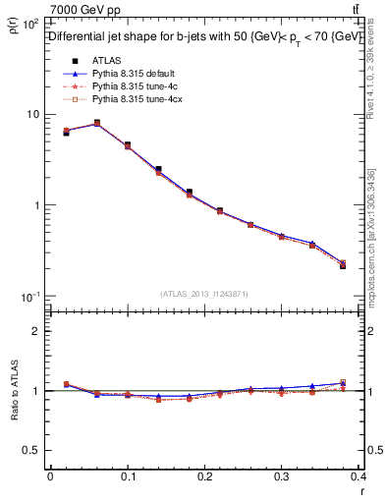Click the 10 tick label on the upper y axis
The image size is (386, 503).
(31, 115)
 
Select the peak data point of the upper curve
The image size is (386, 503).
(97, 123)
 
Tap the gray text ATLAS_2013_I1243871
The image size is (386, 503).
(205, 294)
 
